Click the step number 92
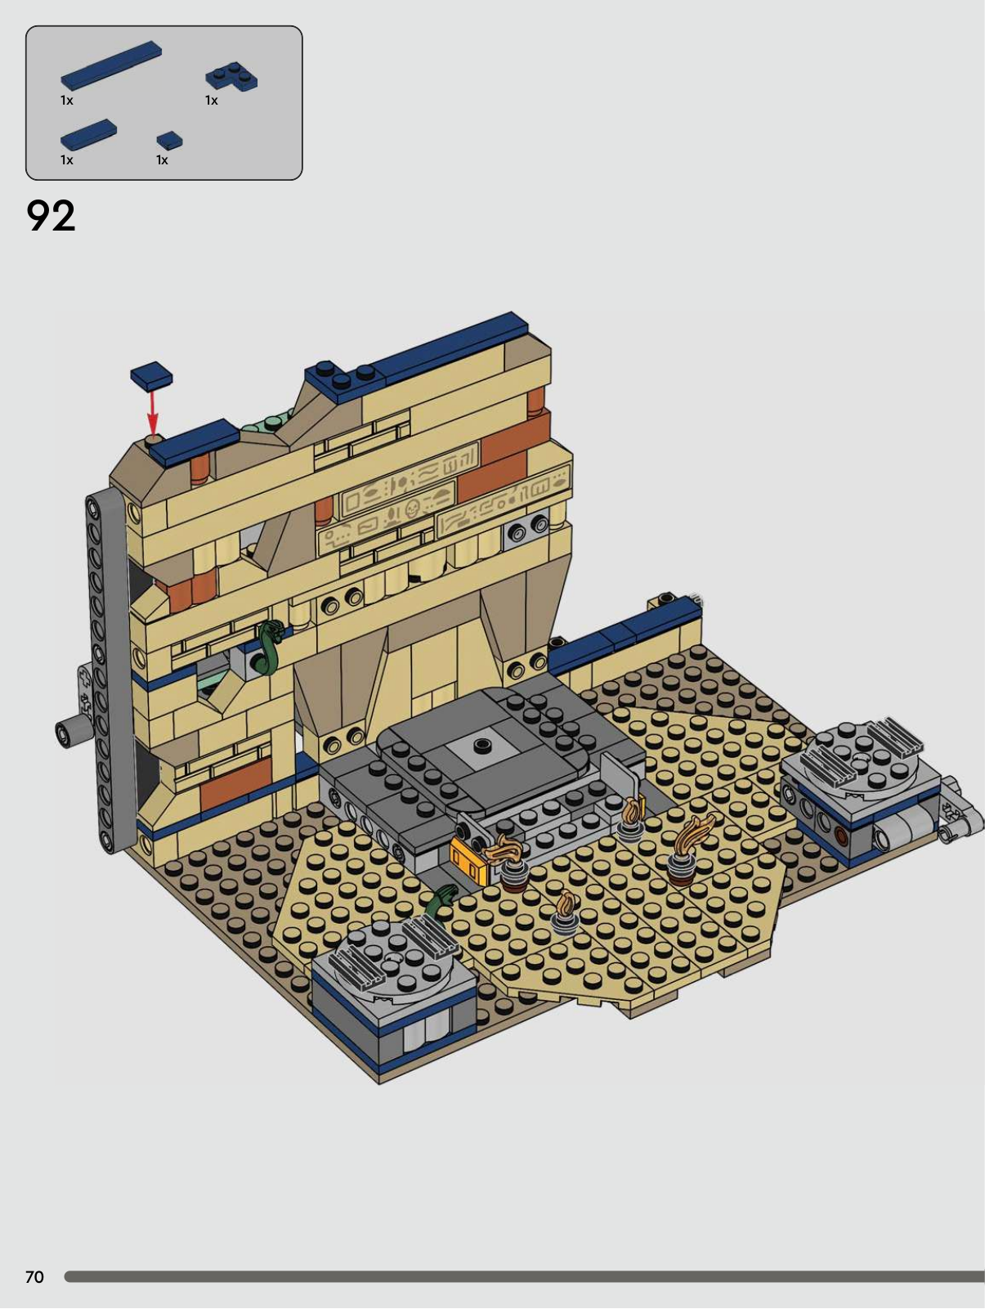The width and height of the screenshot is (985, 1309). (51, 216)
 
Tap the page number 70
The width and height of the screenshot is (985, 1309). (34, 1276)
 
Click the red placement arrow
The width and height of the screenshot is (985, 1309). (153, 412)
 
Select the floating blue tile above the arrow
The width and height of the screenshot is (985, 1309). (151, 376)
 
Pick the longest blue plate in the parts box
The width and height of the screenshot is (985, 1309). (111, 65)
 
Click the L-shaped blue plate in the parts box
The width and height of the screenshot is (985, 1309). (231, 77)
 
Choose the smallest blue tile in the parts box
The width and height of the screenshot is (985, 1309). (169, 140)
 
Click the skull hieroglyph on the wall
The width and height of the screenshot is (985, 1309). (410, 509)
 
